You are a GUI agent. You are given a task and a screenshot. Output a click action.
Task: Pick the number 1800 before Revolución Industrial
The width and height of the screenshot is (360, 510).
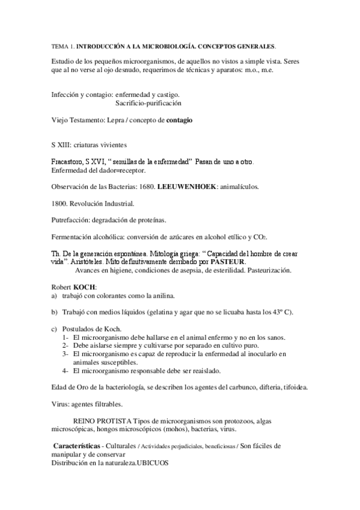coord(58,203)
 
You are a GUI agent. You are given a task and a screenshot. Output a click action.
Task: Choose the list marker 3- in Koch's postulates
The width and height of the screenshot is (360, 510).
coord(66,354)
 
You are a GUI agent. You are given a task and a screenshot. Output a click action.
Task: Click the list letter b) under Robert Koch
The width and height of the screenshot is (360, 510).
coord(55,312)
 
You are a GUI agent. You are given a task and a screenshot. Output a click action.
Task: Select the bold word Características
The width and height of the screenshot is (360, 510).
coord(76,446)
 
